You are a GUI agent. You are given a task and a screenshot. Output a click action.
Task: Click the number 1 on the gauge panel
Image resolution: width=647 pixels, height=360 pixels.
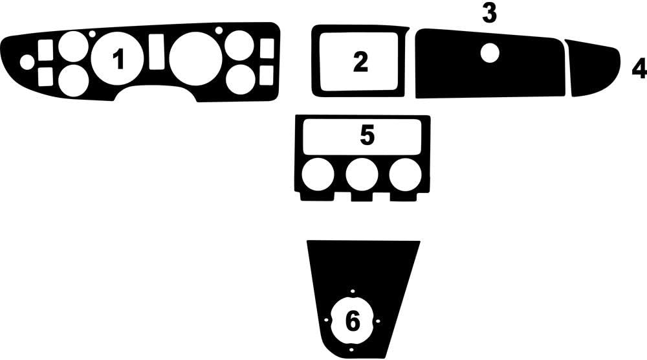tap(118, 60)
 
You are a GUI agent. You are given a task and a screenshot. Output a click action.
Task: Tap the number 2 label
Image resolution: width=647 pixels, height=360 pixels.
tap(360, 62)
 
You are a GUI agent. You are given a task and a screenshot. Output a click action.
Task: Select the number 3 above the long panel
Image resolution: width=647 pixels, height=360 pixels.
tap(489, 14)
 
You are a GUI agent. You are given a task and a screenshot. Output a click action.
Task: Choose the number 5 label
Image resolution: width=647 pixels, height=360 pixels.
tap(367, 136)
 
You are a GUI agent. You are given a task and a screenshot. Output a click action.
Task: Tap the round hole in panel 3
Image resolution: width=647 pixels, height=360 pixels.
tap(490, 52)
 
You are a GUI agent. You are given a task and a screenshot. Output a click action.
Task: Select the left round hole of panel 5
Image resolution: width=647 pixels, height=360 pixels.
tap(318, 175)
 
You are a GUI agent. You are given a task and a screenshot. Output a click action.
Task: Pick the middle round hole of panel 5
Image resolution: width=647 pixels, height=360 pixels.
tap(362, 175)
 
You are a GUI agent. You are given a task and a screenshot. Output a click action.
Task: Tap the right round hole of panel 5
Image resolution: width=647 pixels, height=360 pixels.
tap(405, 175)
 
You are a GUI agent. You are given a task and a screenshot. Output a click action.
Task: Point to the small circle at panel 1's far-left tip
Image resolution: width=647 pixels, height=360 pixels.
tap(27, 62)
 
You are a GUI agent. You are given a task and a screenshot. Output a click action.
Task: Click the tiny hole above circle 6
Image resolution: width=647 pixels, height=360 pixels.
tap(353, 291)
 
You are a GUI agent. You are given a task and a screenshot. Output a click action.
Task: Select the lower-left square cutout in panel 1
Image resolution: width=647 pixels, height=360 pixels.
tap(45, 76)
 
